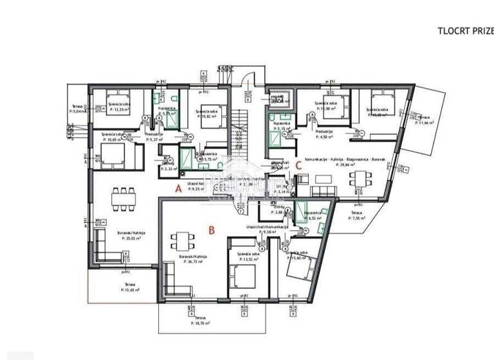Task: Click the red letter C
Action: tap(299, 165)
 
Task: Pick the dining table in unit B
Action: tap(180, 242)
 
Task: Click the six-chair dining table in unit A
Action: tap(123, 199)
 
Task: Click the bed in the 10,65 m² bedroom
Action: tap(113, 154)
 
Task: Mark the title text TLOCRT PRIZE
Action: tap(464, 30)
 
